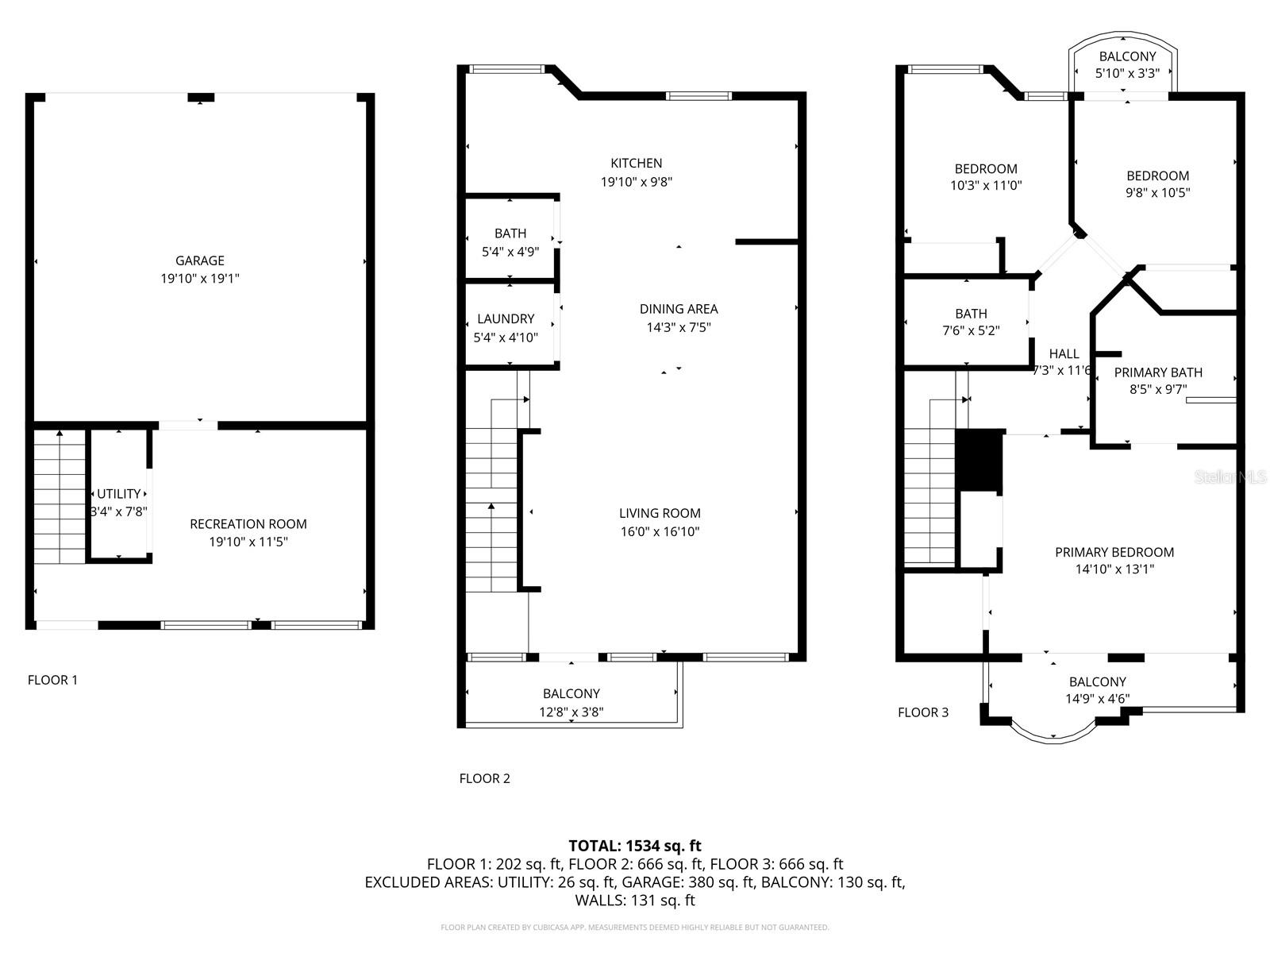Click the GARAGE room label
point(199,260)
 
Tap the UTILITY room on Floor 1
point(119,494)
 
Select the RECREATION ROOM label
point(248,524)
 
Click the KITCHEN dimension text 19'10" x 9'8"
point(637,182)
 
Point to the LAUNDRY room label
point(506,319)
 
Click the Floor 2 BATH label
point(510,233)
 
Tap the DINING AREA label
point(679,309)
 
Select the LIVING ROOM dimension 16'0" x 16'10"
point(660,532)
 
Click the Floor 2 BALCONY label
point(571,694)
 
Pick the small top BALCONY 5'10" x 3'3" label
point(1127,57)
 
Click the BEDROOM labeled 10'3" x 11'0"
point(986,169)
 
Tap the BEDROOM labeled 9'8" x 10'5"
point(1158,176)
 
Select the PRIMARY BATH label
point(1158,372)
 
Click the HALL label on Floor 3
point(1064,354)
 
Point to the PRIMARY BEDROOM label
point(1114,553)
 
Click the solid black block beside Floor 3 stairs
point(979,460)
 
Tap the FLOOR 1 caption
point(53,680)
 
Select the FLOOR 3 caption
point(923,712)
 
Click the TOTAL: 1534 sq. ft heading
point(635,846)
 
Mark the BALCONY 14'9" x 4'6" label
point(1098,682)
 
